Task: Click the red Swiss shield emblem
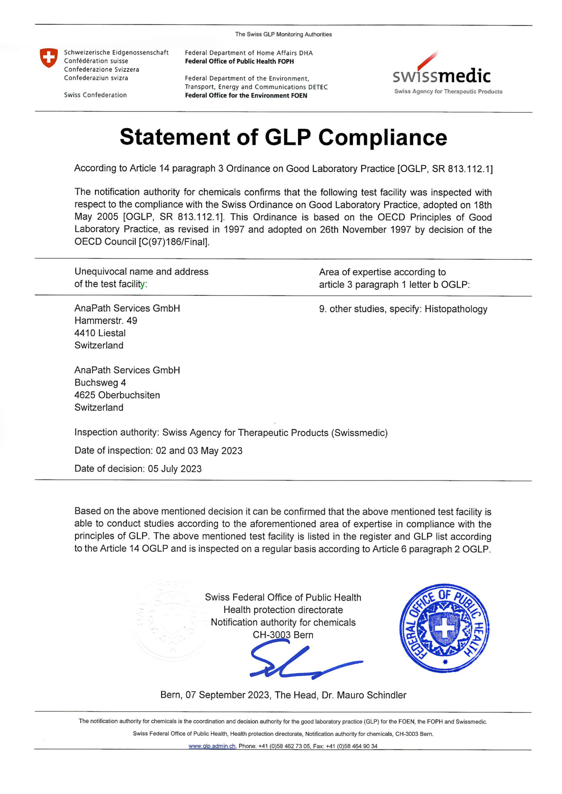coord(49,58)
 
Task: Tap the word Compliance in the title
coord(382,137)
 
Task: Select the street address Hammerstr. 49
coord(105,321)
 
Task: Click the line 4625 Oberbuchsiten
coord(117,395)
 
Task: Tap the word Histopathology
coord(456,309)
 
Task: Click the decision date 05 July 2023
coord(175,469)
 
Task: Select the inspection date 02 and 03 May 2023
coord(199,451)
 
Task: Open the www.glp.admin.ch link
coord(212,746)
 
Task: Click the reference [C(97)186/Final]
coord(174,242)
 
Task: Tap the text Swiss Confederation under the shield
coord(95,95)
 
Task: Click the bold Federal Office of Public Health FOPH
coord(239,61)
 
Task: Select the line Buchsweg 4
coord(100,383)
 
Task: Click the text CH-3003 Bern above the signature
coord(283,635)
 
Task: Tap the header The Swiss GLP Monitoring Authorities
coord(283,35)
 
